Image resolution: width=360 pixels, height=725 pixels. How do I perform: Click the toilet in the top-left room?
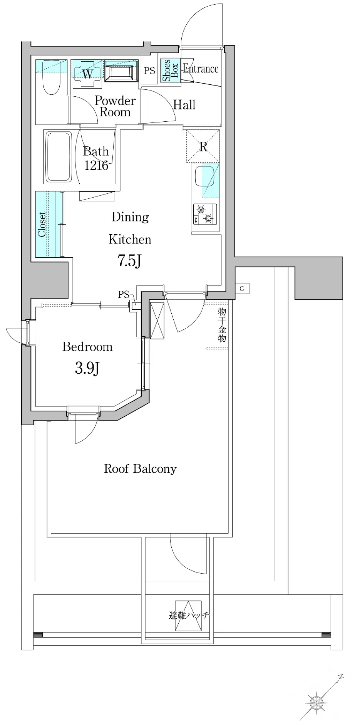[51, 77]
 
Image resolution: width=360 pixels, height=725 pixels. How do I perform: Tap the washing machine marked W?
[88, 74]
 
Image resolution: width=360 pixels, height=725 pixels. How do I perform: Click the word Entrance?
[200, 69]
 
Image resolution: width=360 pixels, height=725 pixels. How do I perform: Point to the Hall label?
[184, 105]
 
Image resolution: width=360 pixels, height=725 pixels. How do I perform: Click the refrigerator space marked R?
[203, 146]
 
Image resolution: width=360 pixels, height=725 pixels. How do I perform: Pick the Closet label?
[42, 224]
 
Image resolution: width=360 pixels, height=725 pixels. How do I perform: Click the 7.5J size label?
[129, 262]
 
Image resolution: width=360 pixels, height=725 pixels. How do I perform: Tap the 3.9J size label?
[87, 369]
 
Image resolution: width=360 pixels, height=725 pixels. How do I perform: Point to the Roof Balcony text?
[140, 469]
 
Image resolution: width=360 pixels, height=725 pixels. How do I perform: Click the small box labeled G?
[242, 289]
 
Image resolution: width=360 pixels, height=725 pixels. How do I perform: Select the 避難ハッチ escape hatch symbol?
[188, 616]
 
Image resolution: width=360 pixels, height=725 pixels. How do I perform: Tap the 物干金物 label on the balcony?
[222, 325]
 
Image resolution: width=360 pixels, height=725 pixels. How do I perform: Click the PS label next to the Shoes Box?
[149, 70]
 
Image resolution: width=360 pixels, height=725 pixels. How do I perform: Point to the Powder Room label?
[115, 106]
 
